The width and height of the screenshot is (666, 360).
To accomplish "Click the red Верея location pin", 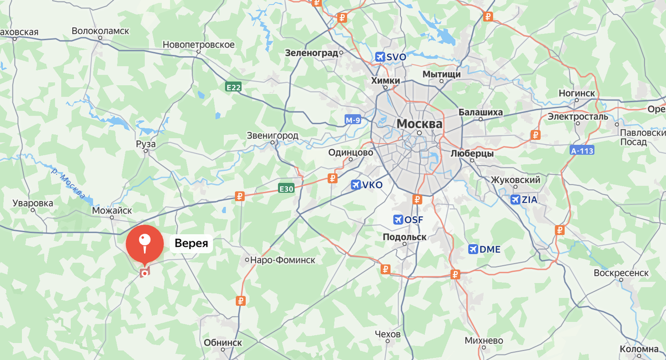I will click(144, 245).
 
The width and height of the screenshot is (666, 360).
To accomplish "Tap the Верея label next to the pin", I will click(191, 243).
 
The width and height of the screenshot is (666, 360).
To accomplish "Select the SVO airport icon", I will click(380, 57).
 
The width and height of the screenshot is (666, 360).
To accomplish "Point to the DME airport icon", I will click(473, 249).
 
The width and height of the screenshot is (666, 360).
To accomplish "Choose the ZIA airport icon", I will click(515, 200).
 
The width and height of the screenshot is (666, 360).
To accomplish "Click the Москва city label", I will click(419, 123).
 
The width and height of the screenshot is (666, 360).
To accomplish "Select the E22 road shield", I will click(233, 87).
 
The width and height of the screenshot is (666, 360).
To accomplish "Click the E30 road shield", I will click(286, 189).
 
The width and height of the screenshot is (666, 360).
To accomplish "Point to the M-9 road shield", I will click(353, 120).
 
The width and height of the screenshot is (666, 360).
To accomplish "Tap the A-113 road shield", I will click(582, 150).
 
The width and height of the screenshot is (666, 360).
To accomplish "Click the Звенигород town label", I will click(273, 135).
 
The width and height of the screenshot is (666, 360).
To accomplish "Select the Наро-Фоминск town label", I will click(282, 260).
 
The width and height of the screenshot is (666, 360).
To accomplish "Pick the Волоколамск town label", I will click(100, 32).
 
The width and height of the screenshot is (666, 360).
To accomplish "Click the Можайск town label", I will click(112, 210).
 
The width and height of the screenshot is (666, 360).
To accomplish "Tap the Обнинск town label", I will click(223, 342).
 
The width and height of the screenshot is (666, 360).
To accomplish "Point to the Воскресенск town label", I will click(621, 273).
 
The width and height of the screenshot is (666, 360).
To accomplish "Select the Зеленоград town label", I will click(311, 53).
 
